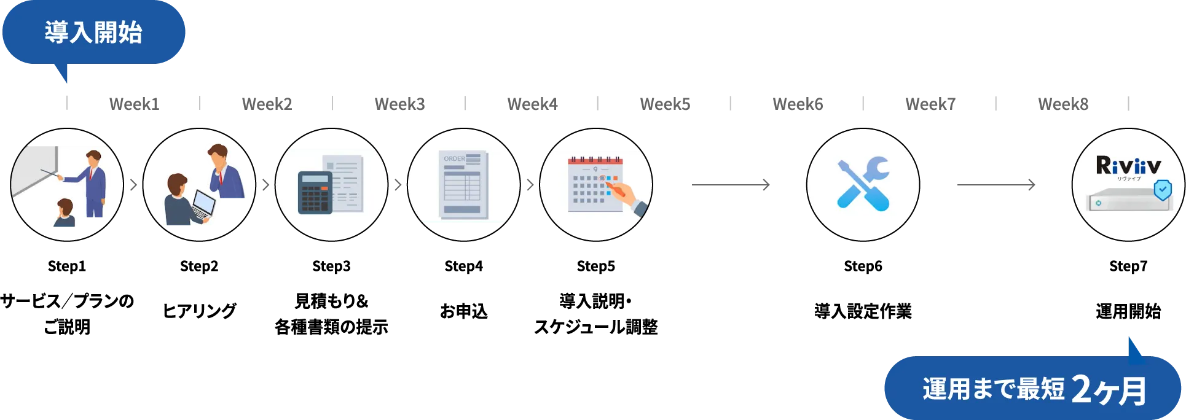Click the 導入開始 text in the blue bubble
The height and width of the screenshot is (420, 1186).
tap(93, 32)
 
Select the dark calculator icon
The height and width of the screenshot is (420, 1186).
tap(315, 192)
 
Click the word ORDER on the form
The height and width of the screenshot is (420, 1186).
tap(454, 158)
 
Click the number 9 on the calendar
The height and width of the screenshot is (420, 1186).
tap(595, 169)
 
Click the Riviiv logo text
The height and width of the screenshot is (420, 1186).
tap(1128, 166)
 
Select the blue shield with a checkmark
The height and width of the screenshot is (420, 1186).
tap(1162, 190)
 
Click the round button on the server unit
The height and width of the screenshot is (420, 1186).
tap(1098, 203)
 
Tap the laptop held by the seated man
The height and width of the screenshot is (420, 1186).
tap(202, 203)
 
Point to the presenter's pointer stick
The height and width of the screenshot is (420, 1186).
tap(52, 174)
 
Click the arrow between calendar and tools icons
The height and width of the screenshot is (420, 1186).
tap(729, 184)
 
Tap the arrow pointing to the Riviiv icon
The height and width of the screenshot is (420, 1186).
tap(995, 184)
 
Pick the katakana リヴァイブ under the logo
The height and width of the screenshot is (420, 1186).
tap(1128, 179)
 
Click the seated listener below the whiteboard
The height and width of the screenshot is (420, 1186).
tap(64, 214)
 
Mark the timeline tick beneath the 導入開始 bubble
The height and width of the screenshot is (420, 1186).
tap(66, 103)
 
